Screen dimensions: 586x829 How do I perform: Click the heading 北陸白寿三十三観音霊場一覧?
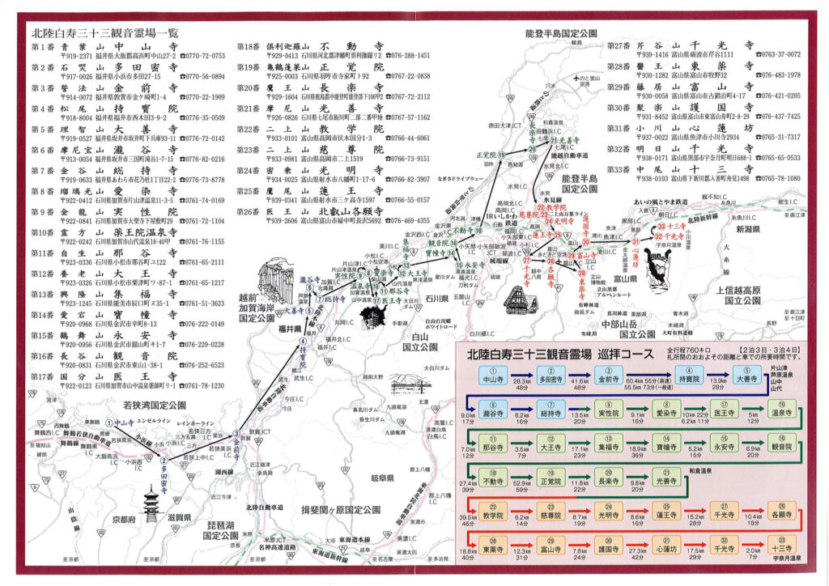pyautogui.click(x=104, y=34)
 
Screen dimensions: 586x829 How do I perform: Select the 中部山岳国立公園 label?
pyautogui.click(x=623, y=328)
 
